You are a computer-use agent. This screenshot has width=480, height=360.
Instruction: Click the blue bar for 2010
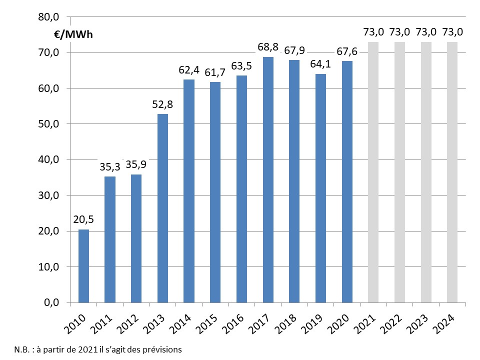point(83,266)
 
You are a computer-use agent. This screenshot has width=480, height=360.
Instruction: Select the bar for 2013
point(162,208)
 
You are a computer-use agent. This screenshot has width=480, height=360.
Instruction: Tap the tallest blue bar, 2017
point(268,179)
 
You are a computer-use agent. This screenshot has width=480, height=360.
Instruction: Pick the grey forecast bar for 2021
point(373,172)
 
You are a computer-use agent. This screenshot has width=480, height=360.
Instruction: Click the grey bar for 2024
point(452,172)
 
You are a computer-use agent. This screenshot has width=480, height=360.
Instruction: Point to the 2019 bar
point(320,188)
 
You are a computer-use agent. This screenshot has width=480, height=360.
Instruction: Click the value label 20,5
point(84,219)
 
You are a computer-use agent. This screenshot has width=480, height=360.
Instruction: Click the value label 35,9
point(136,164)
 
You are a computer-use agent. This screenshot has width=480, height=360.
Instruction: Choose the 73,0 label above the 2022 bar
point(399,32)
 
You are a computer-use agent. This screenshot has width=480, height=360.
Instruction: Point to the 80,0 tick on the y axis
point(48,17)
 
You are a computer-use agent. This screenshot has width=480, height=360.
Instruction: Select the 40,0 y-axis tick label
point(48,159)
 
